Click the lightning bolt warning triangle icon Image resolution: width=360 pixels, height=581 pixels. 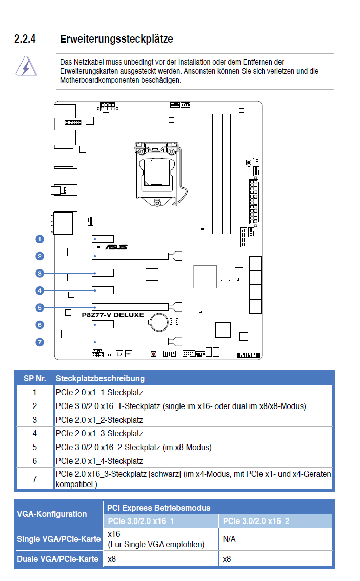(26, 67)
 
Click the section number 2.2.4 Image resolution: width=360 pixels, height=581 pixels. (25, 39)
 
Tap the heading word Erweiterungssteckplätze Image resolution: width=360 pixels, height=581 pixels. (117, 39)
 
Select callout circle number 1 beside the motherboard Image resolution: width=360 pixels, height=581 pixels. (39, 239)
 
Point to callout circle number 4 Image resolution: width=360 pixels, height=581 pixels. (39, 290)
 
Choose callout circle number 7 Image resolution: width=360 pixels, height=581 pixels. (39, 342)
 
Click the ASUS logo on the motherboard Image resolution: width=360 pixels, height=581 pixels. (116, 247)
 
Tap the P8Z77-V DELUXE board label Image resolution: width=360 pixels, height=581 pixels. (113, 315)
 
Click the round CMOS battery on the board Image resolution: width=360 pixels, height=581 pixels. (159, 322)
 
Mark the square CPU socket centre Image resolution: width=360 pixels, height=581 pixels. (157, 172)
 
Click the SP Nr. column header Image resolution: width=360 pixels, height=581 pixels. (35, 378)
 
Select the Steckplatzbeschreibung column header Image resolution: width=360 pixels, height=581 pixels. (100, 378)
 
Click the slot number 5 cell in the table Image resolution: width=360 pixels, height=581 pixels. (35, 447)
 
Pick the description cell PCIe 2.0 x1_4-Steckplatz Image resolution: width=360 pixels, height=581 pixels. (99, 461)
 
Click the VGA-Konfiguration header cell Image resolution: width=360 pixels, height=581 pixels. (52, 514)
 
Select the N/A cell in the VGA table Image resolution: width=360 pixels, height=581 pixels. (229, 539)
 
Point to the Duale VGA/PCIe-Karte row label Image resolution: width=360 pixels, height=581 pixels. (58, 559)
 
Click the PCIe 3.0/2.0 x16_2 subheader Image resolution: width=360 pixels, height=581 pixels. (256, 521)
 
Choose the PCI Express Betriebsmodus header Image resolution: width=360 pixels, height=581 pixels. (158, 508)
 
